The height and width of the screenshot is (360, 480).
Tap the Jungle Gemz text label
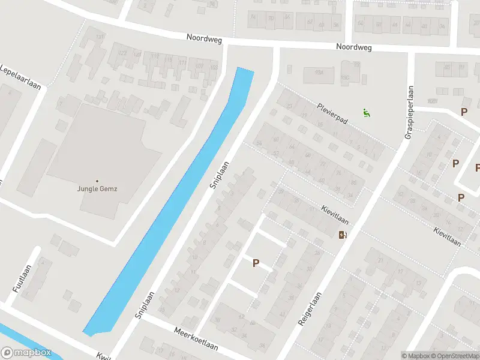tap(97, 189)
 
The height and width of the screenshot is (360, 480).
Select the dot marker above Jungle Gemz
tap(97, 181)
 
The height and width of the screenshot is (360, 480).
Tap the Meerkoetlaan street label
tap(196, 340)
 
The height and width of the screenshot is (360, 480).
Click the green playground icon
tap(367, 112)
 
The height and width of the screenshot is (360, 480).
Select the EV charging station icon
tap(343, 235)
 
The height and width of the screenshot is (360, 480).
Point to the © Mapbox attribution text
tap(416, 356)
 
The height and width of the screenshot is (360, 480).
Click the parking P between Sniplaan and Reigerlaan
tap(256, 263)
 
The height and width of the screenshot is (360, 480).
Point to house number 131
tap(100, 37)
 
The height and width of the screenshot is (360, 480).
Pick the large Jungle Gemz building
tap(105, 150)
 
